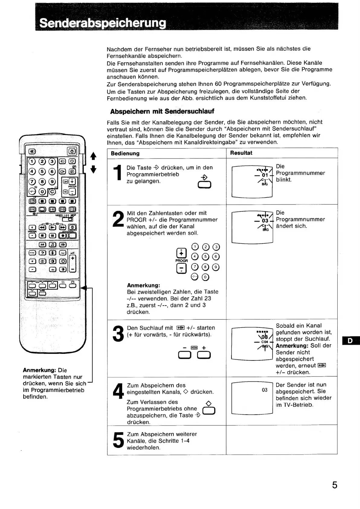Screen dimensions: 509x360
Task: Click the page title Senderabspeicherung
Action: point(103,23)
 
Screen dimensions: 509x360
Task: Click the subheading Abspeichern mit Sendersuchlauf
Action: point(162,111)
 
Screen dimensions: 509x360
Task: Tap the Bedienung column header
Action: point(125,153)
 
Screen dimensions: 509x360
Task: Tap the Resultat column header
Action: point(241,153)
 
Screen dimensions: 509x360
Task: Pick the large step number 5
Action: point(118,440)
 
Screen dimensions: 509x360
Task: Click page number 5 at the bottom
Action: point(335,485)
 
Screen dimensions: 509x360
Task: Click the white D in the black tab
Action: point(350,341)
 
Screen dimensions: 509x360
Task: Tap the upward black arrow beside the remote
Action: point(93,156)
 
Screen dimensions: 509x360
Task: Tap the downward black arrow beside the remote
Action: point(93,169)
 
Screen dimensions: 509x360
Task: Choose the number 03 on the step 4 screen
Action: point(264,390)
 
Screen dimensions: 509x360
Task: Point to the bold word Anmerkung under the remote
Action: point(39,370)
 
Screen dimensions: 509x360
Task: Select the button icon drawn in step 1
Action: point(204,184)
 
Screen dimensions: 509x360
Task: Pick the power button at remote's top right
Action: point(72,151)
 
